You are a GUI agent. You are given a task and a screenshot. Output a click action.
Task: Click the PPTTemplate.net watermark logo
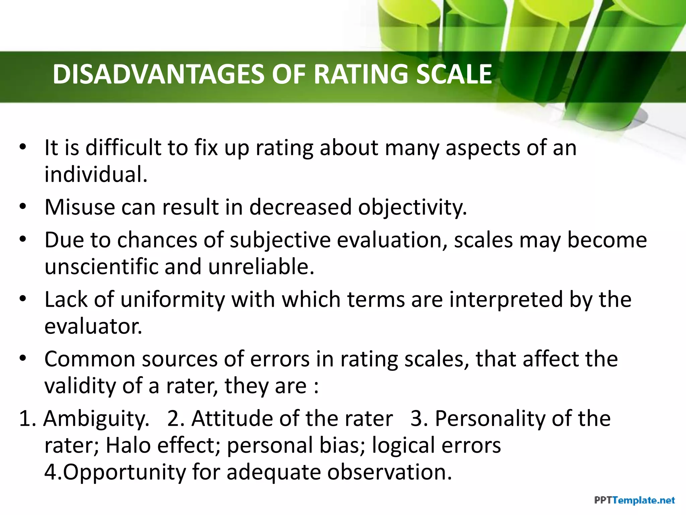click(x=634, y=501)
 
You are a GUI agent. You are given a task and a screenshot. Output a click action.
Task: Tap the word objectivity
click(x=412, y=208)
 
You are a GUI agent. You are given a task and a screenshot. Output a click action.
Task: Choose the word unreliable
click(x=261, y=267)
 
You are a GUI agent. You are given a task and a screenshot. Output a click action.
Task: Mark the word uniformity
click(x=173, y=300)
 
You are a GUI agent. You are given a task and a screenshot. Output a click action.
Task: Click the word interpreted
click(x=506, y=300)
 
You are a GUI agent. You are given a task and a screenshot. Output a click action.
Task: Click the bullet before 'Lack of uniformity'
click(x=22, y=298)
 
